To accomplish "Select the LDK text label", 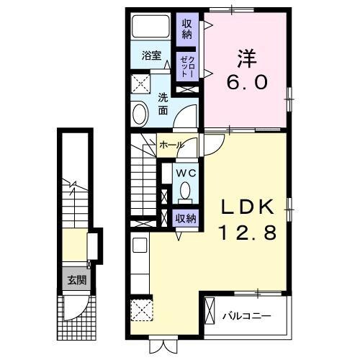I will click(247, 208).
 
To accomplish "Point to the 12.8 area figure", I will click(247, 234).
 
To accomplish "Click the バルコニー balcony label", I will click(245, 315).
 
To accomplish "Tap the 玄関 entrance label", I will click(75, 282).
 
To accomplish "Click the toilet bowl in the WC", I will click(185, 192).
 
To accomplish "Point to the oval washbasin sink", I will click(140, 114).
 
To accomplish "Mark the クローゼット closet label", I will click(186, 66).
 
